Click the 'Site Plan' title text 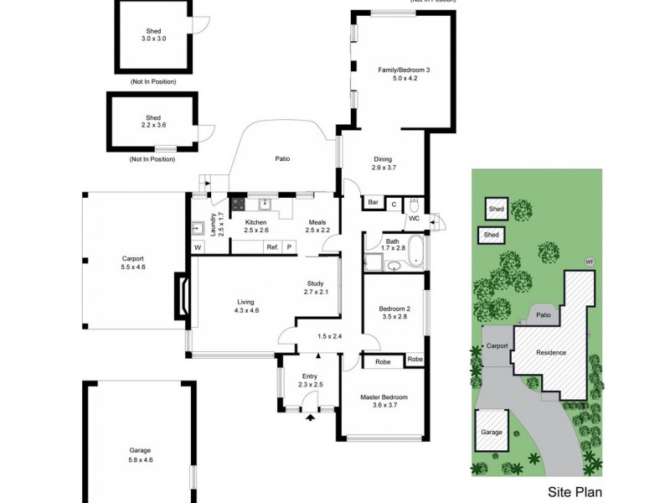coord(574,493)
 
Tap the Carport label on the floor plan coord(133,258)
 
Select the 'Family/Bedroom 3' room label coord(403,70)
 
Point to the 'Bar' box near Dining coord(373,203)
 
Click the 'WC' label coord(414,219)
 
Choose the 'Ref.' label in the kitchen coord(272,247)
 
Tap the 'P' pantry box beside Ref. coord(290,247)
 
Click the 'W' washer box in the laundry coord(198,247)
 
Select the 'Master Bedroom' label coord(384,397)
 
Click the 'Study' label coord(316,283)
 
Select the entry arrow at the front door coord(310,416)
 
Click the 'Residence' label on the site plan coord(551,352)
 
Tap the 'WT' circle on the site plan coord(590,261)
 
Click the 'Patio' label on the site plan coord(543,315)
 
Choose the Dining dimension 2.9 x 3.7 coord(382,168)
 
